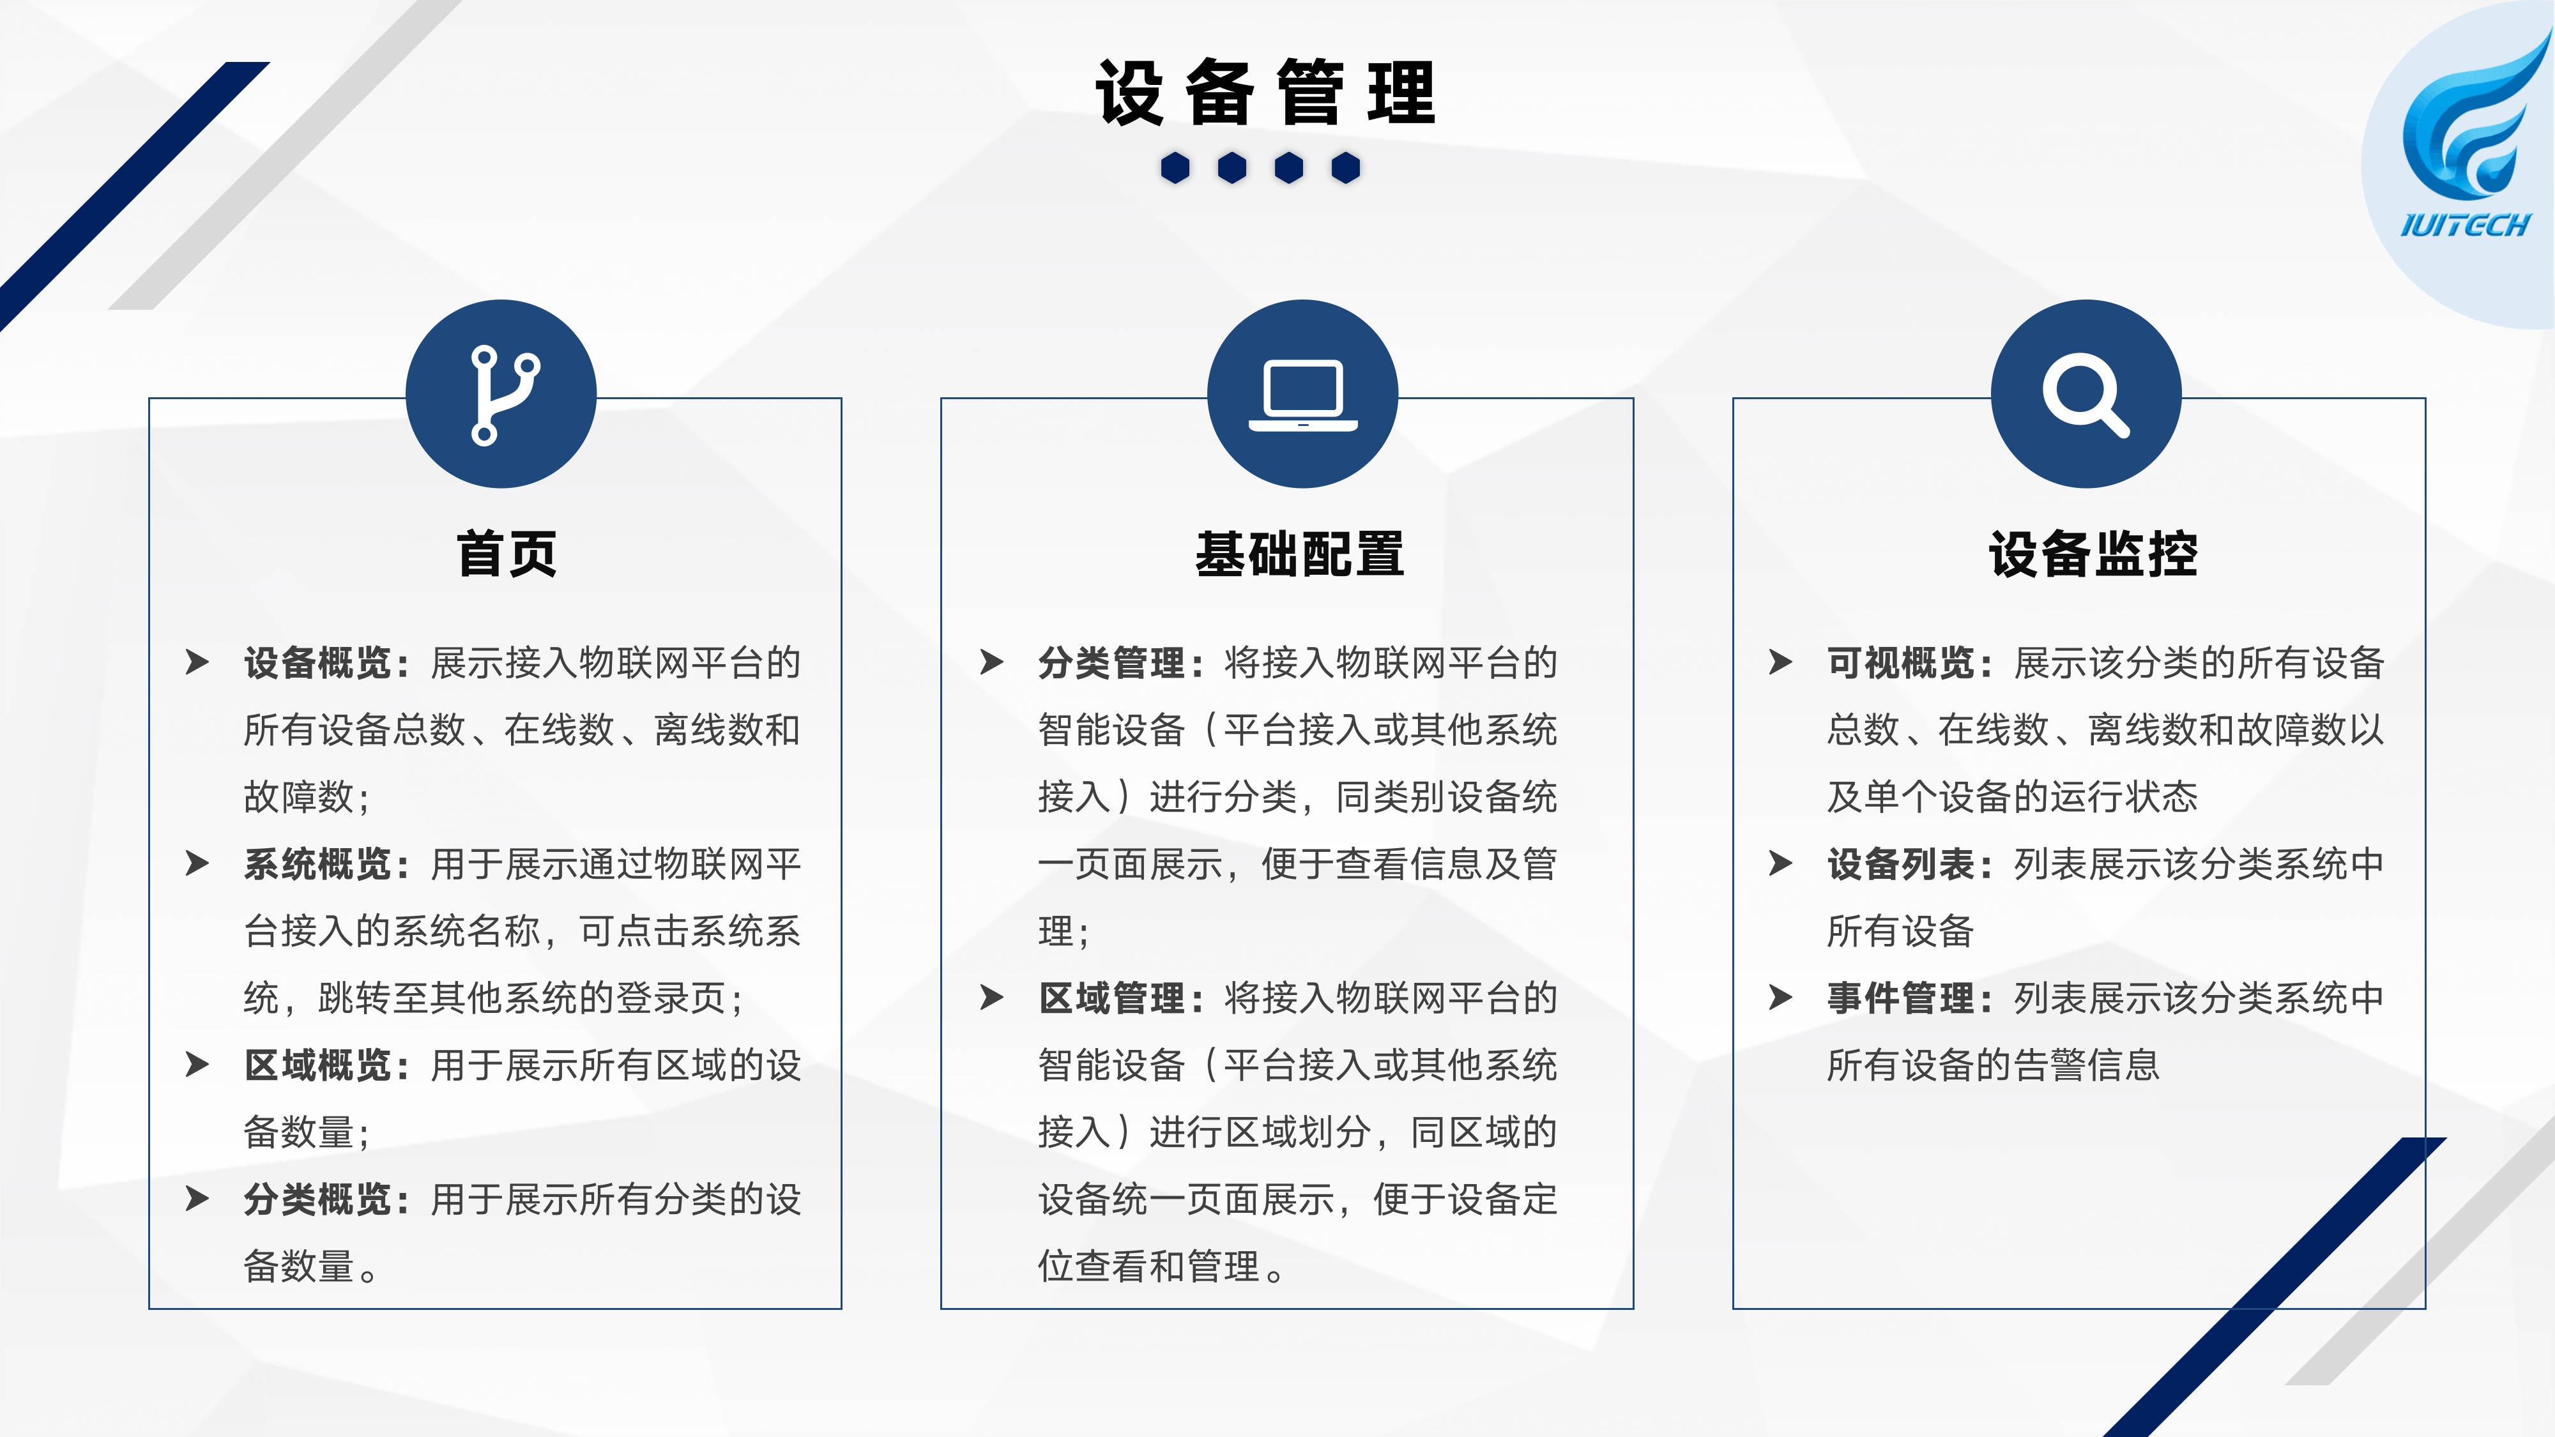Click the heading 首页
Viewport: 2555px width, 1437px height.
tap(507, 553)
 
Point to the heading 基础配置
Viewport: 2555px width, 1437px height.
tap(1299, 553)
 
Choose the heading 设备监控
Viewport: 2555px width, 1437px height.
tap(2093, 553)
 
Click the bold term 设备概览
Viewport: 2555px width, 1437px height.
tap(317, 662)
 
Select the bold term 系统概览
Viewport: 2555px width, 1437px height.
tap(317, 863)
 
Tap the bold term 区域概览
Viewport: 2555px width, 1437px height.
tap(317, 1065)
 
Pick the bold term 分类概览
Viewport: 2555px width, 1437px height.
tap(317, 1199)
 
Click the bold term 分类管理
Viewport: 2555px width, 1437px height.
tap(1112, 662)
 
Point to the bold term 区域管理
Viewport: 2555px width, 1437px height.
tap(1112, 998)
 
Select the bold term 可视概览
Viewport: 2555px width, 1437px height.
tap(1902, 662)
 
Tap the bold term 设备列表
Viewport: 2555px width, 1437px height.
tap(1902, 863)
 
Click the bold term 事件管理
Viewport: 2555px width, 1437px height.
tap(1902, 998)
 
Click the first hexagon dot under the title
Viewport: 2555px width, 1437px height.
tap(1175, 167)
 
